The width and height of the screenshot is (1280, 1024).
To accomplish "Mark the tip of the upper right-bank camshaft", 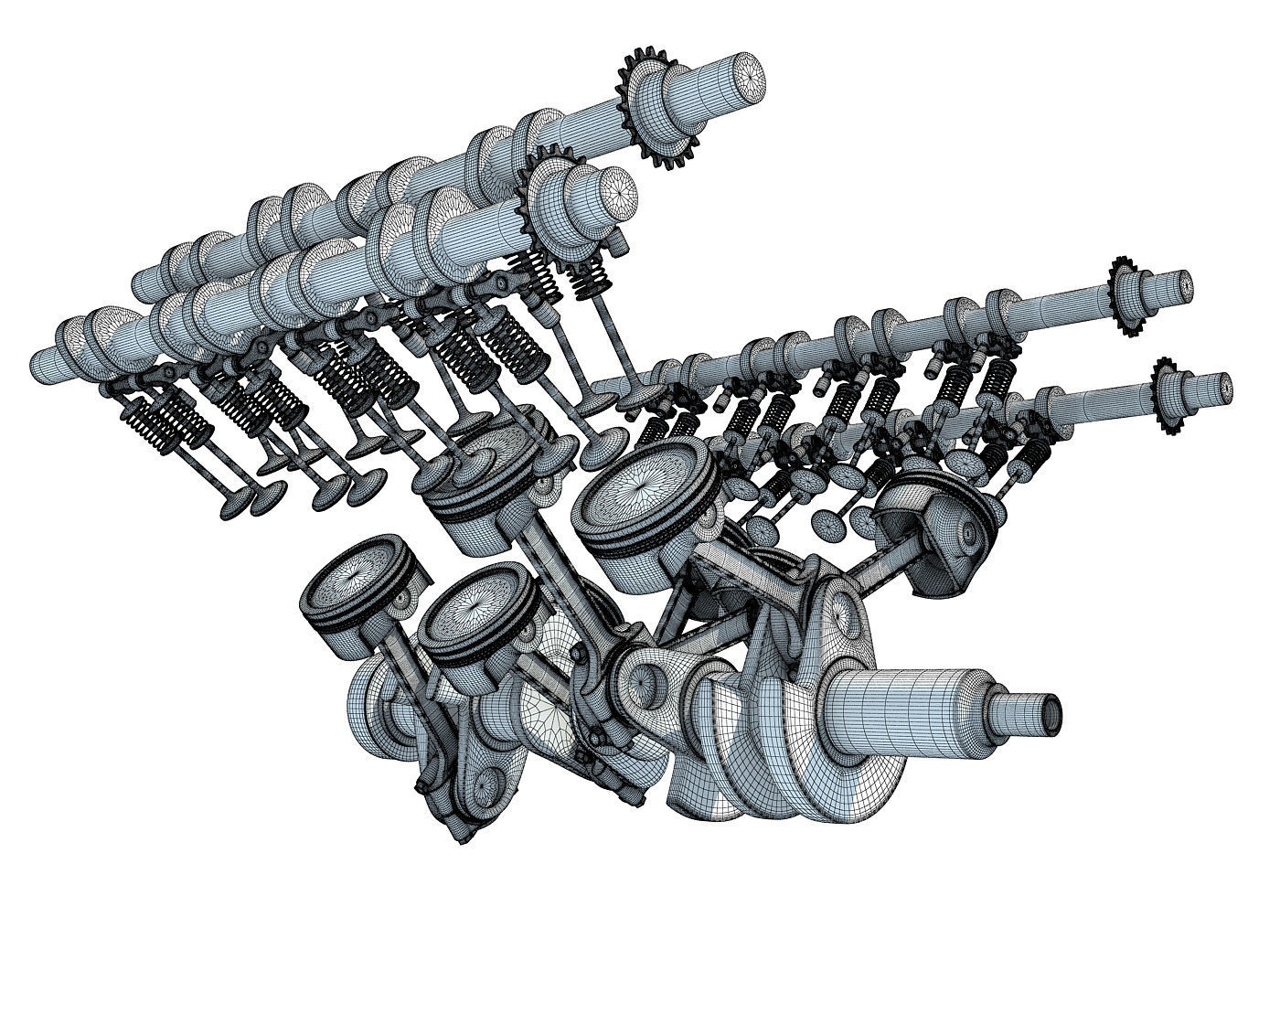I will click(1183, 285).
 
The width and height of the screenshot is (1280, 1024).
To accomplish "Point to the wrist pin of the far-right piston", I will click(969, 530).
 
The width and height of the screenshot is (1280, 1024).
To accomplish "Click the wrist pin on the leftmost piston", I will click(402, 599).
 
